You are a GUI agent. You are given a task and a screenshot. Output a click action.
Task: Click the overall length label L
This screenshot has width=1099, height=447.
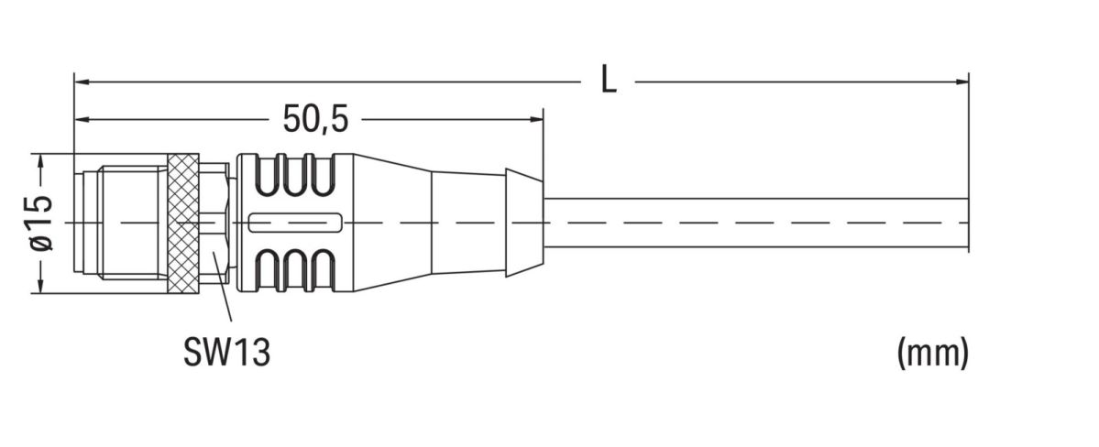point(609,81)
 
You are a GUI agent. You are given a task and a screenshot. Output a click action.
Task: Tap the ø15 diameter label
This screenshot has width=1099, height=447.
point(41,223)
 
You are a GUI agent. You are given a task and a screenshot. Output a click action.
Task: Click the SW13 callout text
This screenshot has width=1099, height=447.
point(226,352)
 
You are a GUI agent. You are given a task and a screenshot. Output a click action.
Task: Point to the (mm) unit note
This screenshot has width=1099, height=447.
point(932,353)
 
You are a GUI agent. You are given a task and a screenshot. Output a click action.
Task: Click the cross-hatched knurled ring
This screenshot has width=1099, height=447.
point(183,223)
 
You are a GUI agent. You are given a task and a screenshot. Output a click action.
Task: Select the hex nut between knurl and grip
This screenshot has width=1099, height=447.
point(214,223)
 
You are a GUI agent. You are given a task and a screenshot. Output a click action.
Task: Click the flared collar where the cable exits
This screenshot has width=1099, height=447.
point(523,223)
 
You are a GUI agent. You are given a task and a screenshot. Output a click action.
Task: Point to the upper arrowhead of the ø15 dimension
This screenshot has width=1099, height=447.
point(41,160)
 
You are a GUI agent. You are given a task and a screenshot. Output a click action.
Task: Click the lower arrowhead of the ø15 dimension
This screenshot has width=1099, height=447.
point(41,286)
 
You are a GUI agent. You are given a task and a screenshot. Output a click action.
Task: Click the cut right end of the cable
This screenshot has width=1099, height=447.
point(968,223)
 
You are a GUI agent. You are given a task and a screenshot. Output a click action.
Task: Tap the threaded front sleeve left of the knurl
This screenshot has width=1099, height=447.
point(133,223)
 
